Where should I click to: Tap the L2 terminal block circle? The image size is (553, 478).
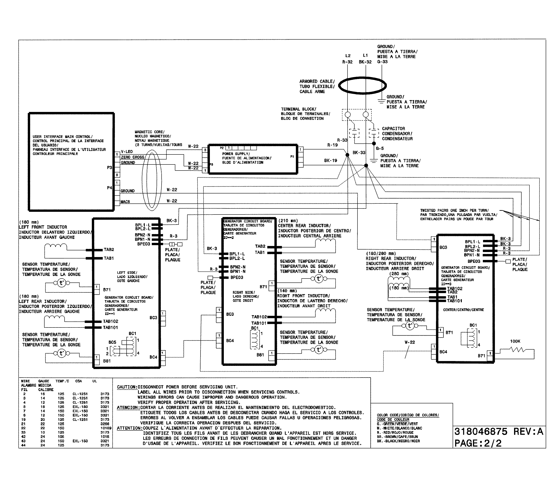[x=347, y=115]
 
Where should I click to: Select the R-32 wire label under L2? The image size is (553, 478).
[x=347, y=62]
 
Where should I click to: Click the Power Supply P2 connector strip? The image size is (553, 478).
[x=241, y=148]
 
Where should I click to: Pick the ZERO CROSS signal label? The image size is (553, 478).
[x=132, y=157]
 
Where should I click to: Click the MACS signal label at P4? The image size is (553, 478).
[x=125, y=202]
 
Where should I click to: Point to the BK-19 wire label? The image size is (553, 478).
[x=330, y=161]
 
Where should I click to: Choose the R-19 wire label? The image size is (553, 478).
[x=332, y=145]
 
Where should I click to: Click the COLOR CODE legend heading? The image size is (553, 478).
[x=407, y=415]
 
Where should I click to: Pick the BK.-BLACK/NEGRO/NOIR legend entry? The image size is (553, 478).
[x=398, y=441]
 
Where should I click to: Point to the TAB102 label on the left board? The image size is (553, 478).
[x=111, y=321]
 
